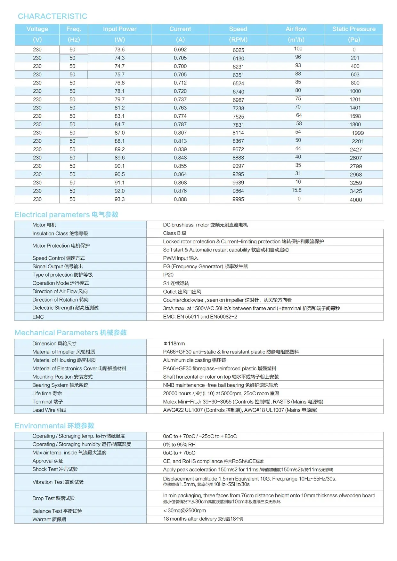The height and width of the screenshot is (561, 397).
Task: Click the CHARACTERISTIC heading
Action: click(x=53, y=16)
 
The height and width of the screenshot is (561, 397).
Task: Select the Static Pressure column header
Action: click(x=354, y=29)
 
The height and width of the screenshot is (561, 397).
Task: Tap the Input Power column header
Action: click(x=119, y=29)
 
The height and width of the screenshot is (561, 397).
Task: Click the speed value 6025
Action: click(x=238, y=50)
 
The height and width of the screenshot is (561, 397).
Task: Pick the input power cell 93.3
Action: click(x=119, y=199)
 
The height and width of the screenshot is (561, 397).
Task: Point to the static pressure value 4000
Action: click(x=356, y=200)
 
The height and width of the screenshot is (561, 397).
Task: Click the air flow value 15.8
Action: click(x=296, y=190)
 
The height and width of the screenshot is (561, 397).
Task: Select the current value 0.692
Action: click(x=180, y=50)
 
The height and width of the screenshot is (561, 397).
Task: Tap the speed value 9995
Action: click(x=238, y=199)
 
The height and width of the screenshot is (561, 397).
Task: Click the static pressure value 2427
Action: click(x=356, y=150)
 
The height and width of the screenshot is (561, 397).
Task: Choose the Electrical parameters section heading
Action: click(x=66, y=215)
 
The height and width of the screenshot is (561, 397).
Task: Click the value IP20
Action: click(x=168, y=275)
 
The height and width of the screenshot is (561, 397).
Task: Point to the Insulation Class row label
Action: click(x=60, y=233)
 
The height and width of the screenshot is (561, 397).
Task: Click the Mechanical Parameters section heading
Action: click(x=70, y=333)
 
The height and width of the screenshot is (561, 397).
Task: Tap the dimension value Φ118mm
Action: click(x=174, y=344)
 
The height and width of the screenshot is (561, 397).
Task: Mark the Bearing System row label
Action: click(x=60, y=385)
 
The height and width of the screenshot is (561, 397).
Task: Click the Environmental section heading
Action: click(x=54, y=426)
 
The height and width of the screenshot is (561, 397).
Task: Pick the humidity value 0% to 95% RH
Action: click(x=179, y=445)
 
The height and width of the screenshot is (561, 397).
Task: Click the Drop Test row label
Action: click(x=53, y=498)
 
